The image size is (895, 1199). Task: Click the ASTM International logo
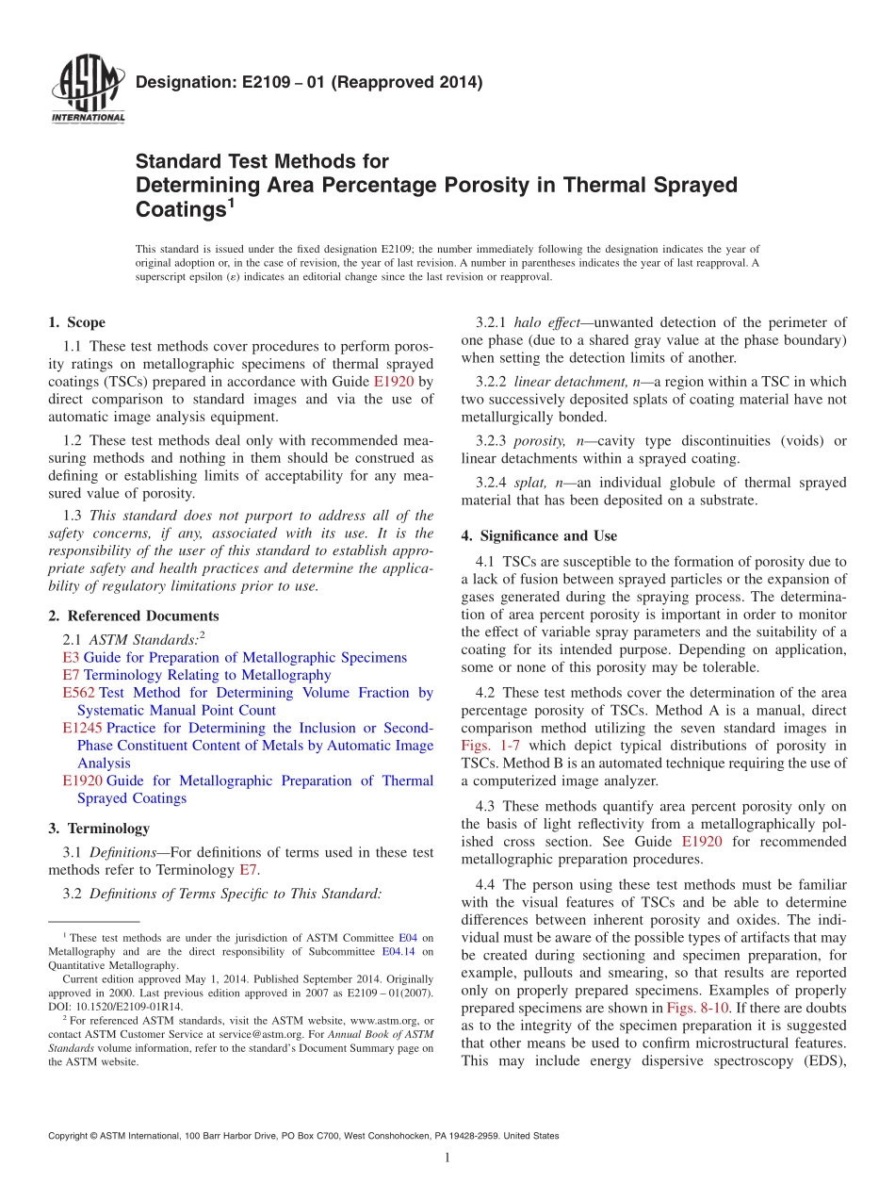[x=88, y=90]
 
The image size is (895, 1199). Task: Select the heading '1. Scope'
[x=76, y=322]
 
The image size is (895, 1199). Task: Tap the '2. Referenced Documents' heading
[x=133, y=616]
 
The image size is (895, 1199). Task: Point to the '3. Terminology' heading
[x=99, y=829]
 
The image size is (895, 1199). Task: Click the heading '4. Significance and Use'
[x=539, y=535]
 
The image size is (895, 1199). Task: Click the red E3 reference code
[x=71, y=657]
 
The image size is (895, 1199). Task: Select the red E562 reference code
[x=78, y=693]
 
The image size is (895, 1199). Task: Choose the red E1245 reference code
[x=82, y=728]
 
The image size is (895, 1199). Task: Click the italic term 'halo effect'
[x=546, y=322]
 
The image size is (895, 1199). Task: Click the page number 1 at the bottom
[x=447, y=1158]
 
